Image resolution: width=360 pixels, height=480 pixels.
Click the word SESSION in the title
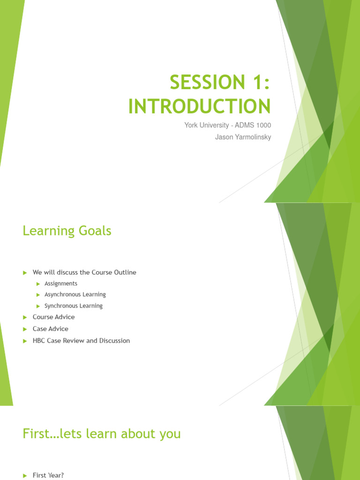(x=208, y=82)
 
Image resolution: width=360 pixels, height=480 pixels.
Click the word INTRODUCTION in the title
(x=199, y=106)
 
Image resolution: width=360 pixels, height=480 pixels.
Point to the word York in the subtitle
(x=190, y=125)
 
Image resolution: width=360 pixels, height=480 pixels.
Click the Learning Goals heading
(x=67, y=231)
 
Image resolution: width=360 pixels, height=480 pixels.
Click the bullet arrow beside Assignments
(x=38, y=284)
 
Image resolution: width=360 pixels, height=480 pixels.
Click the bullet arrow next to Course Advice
(x=25, y=317)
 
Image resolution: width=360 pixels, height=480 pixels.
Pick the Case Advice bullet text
(x=51, y=329)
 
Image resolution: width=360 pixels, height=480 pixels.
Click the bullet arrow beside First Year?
(x=25, y=476)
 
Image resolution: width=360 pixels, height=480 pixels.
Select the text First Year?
(x=48, y=475)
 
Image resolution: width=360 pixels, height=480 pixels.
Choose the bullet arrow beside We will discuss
(x=25, y=273)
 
